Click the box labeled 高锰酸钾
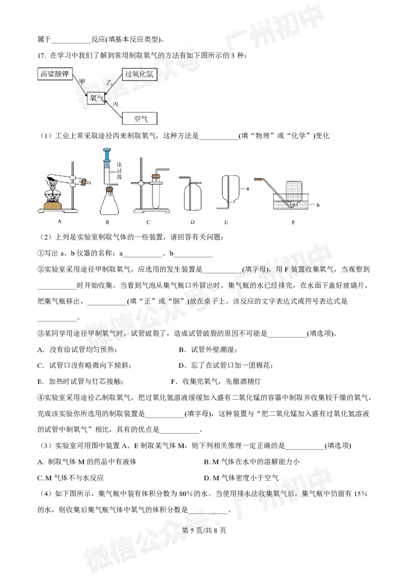tap(55, 74)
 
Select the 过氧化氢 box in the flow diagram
tap(139, 74)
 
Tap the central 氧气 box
tap(97, 98)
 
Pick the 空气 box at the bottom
tap(140, 118)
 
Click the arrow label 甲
tap(82, 82)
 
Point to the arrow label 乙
tap(109, 83)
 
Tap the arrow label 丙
tap(116, 104)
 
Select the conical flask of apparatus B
tap(109, 203)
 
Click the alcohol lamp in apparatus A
tap(53, 200)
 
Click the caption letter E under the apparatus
tap(226, 222)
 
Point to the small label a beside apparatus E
tap(248, 189)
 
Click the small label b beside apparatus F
tap(318, 205)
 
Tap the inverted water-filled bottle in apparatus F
tap(293, 193)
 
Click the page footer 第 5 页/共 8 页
tap(204, 530)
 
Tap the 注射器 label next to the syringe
tap(119, 170)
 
